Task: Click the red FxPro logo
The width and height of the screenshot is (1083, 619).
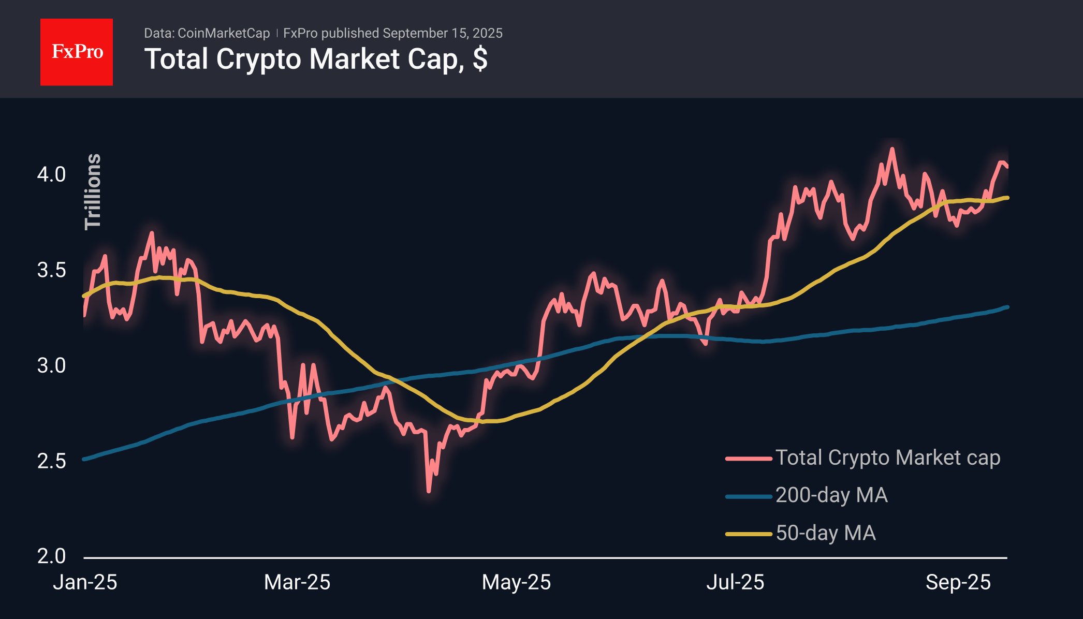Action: [77, 52]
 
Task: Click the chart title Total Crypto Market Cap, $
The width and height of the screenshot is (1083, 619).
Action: [316, 59]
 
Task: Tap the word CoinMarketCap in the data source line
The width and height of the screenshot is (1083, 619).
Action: [224, 33]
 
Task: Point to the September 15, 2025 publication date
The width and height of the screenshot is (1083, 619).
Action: [443, 33]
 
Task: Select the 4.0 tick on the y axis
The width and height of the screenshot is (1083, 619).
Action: [51, 174]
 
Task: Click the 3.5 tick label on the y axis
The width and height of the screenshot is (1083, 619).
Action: [51, 270]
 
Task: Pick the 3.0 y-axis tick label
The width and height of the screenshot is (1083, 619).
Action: [51, 366]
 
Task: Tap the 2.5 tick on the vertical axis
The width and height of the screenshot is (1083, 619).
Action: [51, 461]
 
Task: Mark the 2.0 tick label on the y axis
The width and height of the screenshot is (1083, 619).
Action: [51, 556]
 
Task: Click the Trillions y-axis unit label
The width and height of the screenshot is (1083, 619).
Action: [93, 191]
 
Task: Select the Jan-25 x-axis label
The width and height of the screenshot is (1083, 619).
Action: [85, 582]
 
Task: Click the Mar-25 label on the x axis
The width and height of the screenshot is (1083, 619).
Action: [297, 582]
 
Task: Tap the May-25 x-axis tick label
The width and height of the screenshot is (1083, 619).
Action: [516, 582]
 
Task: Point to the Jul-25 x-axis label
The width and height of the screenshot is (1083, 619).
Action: [735, 582]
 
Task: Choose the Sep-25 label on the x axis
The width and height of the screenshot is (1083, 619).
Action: [958, 582]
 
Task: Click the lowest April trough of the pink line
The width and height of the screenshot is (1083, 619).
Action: [429, 491]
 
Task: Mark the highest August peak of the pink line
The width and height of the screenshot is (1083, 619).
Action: [892, 149]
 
